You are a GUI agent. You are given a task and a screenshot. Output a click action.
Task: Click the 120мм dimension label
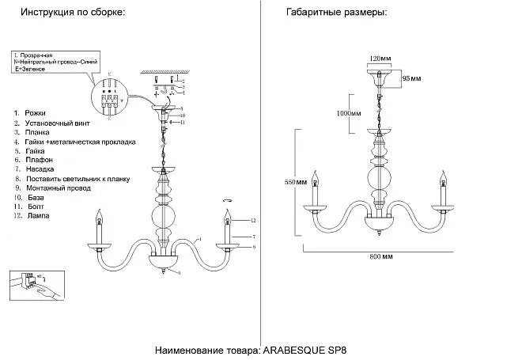click(x=380, y=59)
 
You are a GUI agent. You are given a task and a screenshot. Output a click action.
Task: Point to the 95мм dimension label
click(x=411, y=79)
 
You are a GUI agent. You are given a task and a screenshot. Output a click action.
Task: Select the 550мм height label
click(x=295, y=182)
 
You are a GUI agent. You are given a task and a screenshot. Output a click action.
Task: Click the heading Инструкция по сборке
click(x=73, y=13)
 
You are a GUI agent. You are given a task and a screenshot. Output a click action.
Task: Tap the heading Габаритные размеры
click(x=335, y=13)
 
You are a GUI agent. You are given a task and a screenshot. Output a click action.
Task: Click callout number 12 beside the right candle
click(x=254, y=219)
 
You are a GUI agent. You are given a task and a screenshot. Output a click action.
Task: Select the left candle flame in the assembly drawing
click(x=100, y=215)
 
